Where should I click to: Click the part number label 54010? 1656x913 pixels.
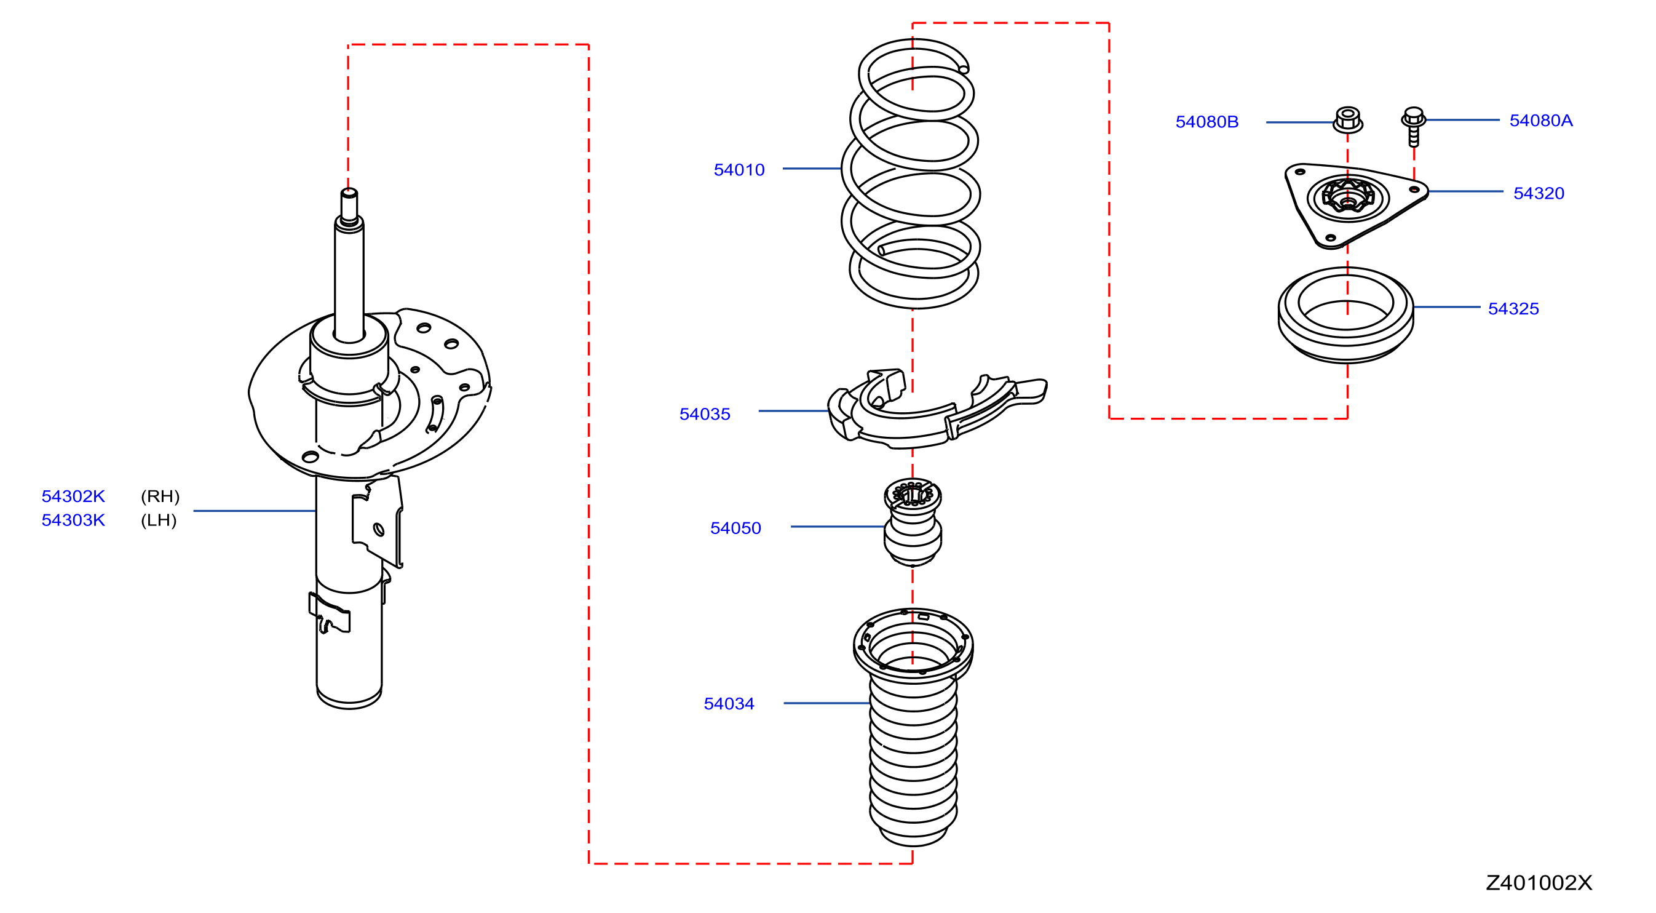click(x=739, y=170)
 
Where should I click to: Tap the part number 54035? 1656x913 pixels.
click(x=705, y=414)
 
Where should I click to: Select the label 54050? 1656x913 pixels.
click(x=735, y=528)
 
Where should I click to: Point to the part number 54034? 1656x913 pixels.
click(x=729, y=703)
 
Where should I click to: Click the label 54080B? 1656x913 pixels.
click(x=1206, y=122)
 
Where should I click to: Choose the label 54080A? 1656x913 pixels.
click(x=1540, y=120)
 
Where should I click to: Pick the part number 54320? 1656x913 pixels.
click(x=1539, y=193)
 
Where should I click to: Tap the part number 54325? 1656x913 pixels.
click(x=1513, y=309)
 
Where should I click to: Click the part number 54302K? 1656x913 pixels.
click(x=73, y=496)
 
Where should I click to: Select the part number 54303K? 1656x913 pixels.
click(x=73, y=520)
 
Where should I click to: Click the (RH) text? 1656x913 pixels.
click(x=160, y=496)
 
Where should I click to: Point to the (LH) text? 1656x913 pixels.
click(x=159, y=520)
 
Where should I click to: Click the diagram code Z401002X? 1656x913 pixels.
click(x=1539, y=883)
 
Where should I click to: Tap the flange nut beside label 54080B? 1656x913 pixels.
click(x=1347, y=119)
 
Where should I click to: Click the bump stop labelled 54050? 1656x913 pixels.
click(x=913, y=522)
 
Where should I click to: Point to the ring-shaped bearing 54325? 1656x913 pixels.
click(x=1345, y=315)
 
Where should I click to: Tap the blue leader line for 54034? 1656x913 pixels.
click(x=826, y=703)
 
